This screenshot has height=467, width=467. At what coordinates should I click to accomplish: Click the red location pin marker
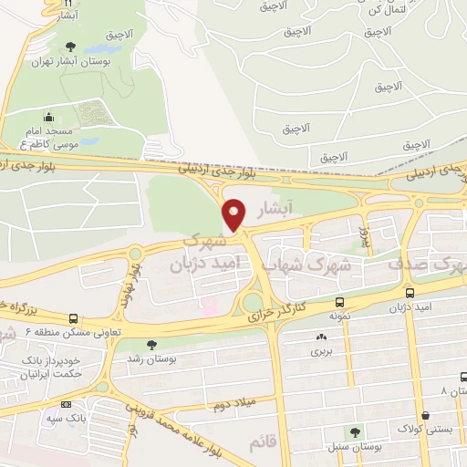(x=234, y=214)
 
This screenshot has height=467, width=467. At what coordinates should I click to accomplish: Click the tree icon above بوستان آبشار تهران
(x=71, y=47)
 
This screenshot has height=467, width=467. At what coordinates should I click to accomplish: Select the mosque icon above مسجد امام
(x=47, y=117)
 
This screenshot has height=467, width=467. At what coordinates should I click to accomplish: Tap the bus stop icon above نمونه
(x=340, y=303)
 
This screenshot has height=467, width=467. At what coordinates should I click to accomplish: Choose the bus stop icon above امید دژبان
(x=410, y=294)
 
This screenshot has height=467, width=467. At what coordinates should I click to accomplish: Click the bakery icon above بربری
(x=321, y=335)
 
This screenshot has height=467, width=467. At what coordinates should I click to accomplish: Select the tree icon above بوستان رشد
(x=150, y=345)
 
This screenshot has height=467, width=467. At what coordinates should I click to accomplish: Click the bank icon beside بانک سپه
(x=65, y=404)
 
